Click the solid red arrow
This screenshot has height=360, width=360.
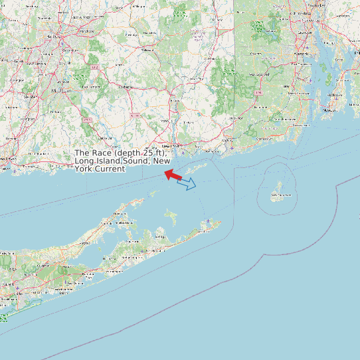pyautogui.click(x=173, y=175)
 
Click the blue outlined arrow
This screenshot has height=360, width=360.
pyautogui.click(x=187, y=183)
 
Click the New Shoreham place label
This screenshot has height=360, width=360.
pyautogui.click(x=280, y=195)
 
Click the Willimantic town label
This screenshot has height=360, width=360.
pyautogui.click(x=148, y=49)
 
